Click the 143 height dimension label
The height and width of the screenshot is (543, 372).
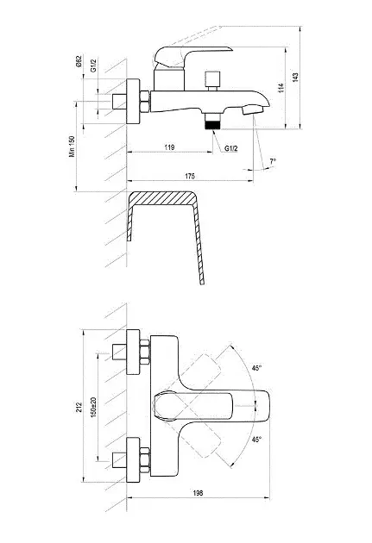[x=295, y=77]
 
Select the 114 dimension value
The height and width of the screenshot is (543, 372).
[x=281, y=88]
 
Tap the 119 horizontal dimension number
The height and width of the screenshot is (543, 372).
[x=169, y=147]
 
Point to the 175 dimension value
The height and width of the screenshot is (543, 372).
[x=190, y=176]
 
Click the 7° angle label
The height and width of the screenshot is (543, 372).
[x=274, y=161]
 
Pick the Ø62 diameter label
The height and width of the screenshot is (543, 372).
[x=79, y=62]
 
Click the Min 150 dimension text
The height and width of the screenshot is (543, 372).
[x=72, y=147]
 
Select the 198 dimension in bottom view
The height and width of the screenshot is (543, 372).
[x=198, y=493]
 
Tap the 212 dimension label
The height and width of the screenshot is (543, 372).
[x=79, y=407]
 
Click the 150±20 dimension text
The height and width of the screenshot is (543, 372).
[x=93, y=407]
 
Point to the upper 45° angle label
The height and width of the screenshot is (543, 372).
[x=257, y=368]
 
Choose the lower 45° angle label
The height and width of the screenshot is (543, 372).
[x=257, y=440]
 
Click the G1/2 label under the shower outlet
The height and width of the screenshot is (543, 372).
[x=231, y=148]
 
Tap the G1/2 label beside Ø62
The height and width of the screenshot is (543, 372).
[x=93, y=66]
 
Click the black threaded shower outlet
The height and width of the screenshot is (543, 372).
[x=212, y=124]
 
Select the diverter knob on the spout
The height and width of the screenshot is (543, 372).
[x=212, y=79]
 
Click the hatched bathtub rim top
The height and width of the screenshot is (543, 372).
[x=162, y=197]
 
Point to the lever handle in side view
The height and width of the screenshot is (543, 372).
[x=192, y=56]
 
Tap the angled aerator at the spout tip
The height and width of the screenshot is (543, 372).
[x=253, y=110]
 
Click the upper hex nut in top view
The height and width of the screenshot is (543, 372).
[x=144, y=353]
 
